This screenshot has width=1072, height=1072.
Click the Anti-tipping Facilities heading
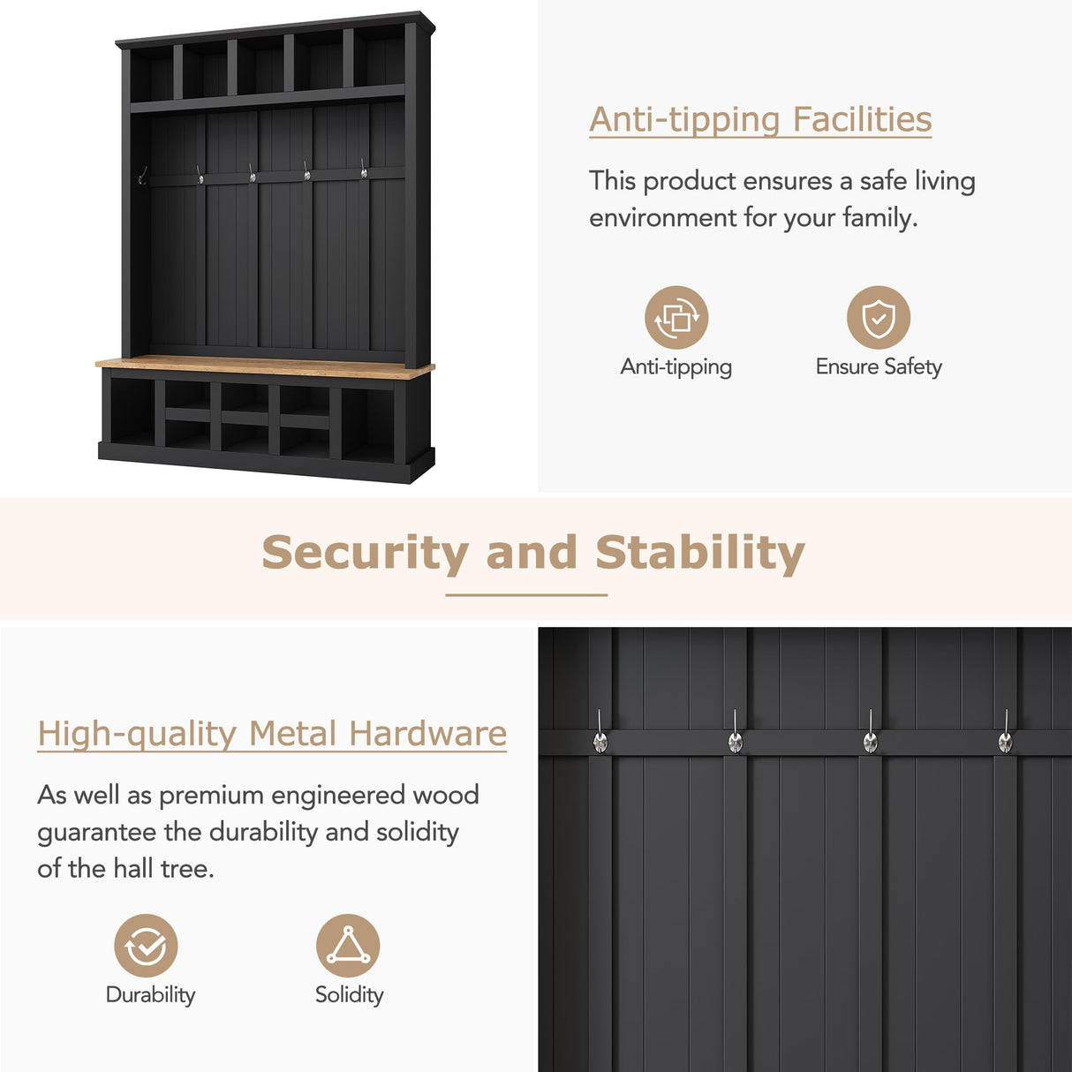[x=760, y=120]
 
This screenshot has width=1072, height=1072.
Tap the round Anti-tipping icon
[x=676, y=317]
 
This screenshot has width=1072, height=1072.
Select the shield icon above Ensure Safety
[x=878, y=317]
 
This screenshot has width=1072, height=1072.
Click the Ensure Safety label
[x=879, y=366]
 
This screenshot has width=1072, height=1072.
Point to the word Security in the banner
[x=365, y=553]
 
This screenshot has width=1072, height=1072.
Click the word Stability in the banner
[x=699, y=553]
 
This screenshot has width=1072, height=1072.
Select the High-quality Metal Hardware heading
[x=272, y=734]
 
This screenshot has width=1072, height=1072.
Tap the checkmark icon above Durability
[x=146, y=946]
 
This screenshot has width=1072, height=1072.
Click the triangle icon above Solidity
[x=348, y=946]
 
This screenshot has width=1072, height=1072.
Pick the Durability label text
[x=150, y=995]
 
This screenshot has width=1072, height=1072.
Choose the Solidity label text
[x=350, y=995]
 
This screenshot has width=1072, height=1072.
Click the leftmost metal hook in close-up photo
[x=600, y=740]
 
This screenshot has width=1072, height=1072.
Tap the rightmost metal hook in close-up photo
[x=1005, y=740]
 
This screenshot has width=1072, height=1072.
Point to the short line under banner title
[x=526, y=595]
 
